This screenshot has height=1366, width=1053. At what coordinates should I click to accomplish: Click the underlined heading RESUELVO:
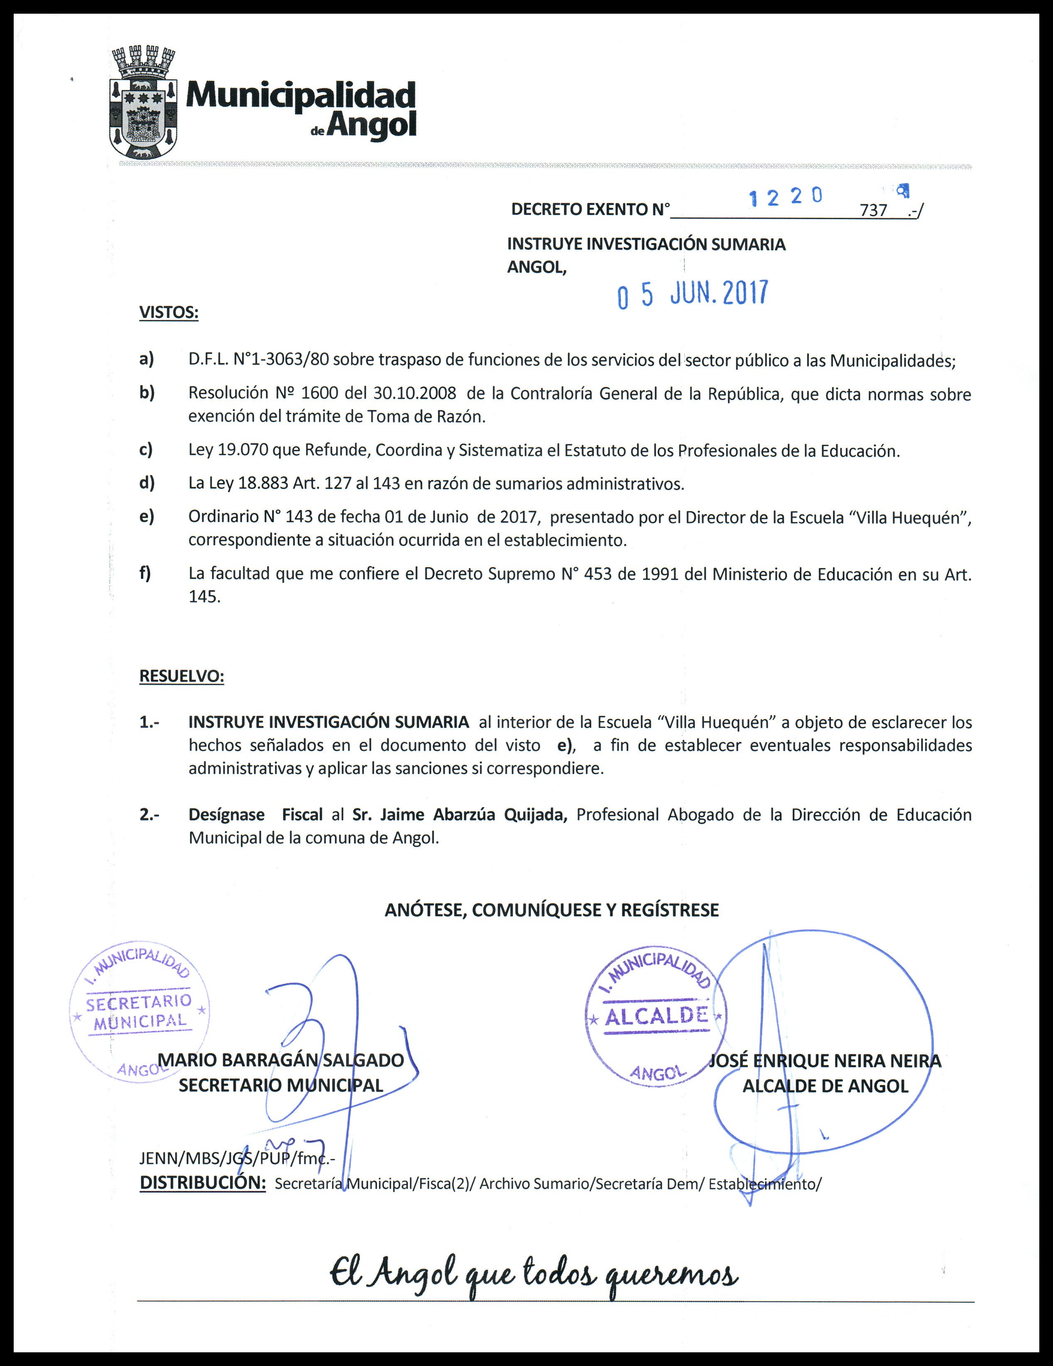(181, 676)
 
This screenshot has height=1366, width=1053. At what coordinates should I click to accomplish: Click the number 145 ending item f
(205, 597)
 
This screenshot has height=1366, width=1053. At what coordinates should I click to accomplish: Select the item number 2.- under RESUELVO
(149, 815)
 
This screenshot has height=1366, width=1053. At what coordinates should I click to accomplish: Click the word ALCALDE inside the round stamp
(656, 1016)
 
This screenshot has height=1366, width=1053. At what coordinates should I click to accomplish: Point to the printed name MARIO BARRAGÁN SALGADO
(281, 1060)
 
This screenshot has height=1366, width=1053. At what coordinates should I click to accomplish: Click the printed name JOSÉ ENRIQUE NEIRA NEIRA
(825, 1061)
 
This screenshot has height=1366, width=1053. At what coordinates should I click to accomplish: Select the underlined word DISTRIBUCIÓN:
(203, 1183)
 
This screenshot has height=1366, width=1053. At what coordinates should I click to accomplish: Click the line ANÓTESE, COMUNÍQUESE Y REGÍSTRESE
(552, 910)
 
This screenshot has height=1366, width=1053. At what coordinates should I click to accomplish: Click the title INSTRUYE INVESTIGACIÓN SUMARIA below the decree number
(646, 244)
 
